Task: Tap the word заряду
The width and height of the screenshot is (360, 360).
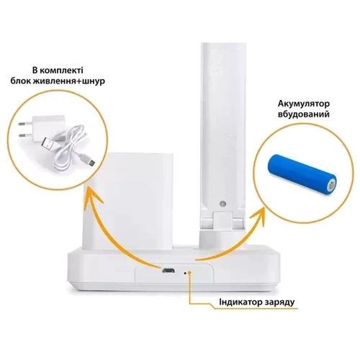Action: coord(279,302)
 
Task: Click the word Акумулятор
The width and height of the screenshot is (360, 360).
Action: coord(304,104)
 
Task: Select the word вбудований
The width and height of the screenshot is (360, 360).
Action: coord(304,114)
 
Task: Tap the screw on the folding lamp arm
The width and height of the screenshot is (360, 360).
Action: coord(222,204)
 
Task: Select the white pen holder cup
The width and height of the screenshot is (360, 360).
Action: coord(129,200)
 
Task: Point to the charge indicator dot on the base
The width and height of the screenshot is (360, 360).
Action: coord(184,273)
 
